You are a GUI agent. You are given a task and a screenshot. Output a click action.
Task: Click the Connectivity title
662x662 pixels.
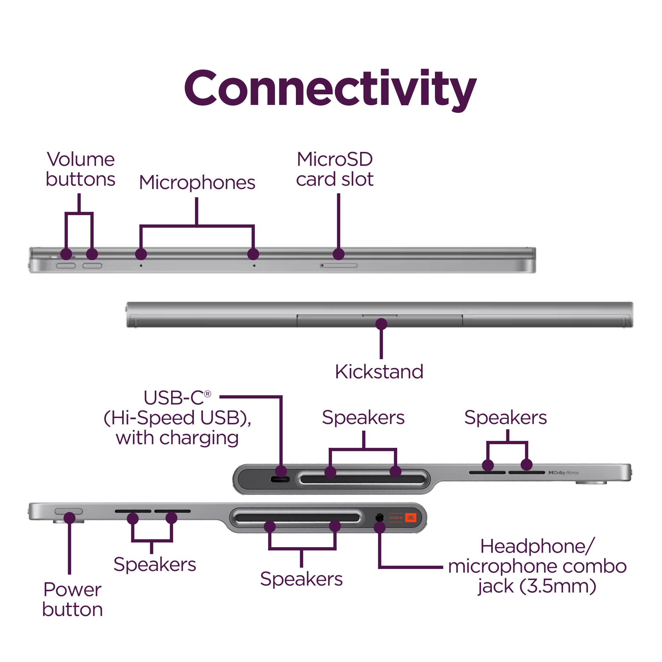point(330,88)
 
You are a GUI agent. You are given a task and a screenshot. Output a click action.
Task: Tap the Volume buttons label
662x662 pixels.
point(80,169)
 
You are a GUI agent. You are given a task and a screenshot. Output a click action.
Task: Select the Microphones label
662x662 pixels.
point(197,182)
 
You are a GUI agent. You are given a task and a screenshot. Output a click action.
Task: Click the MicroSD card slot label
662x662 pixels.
point(335,169)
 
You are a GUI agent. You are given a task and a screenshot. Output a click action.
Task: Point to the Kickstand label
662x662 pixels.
point(379,372)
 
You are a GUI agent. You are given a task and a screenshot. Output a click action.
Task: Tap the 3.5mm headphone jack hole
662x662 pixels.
point(379,517)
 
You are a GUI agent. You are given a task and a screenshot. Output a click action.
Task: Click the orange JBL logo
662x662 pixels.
point(410,517)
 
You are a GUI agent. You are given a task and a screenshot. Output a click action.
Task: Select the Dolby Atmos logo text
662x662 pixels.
point(564,473)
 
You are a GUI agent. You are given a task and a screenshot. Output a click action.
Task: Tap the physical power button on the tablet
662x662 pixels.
point(69,511)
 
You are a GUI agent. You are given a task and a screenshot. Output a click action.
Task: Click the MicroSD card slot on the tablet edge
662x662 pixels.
point(339,265)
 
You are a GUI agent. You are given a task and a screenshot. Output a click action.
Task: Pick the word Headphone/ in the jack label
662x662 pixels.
point(537,546)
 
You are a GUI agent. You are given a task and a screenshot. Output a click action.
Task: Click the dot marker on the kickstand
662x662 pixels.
point(381,324)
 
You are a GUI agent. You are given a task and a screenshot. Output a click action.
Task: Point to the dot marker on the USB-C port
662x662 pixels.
point(281,471)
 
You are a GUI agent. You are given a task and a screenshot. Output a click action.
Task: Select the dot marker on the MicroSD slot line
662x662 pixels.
point(339,254)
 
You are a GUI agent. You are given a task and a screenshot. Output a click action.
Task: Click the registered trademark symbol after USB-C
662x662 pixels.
point(207,394)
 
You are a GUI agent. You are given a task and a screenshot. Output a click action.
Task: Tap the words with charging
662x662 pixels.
point(177,438)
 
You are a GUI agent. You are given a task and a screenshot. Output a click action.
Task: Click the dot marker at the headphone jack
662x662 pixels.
point(380,528)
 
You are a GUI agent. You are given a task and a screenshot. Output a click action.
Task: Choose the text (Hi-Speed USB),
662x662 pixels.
point(177,418)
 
